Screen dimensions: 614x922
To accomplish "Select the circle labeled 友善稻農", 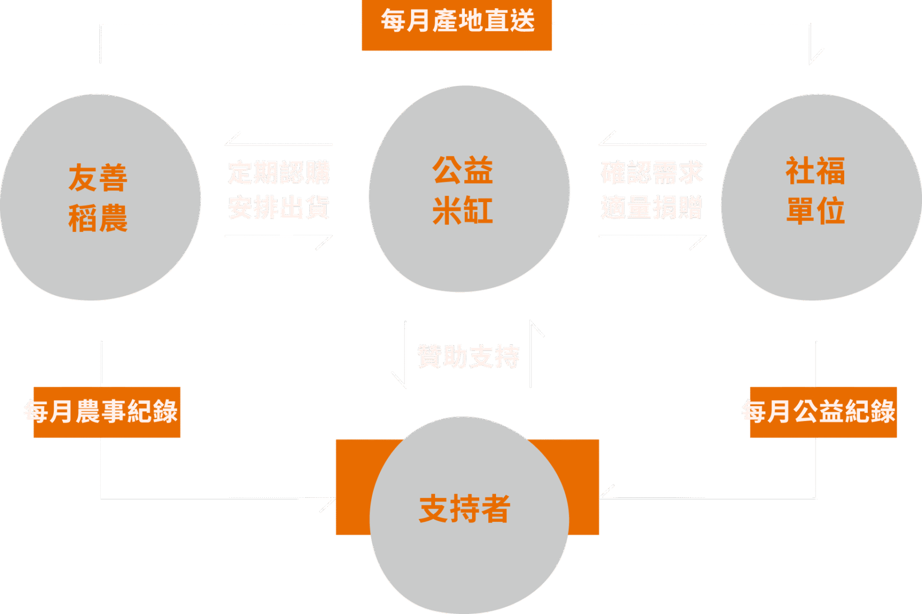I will (100, 198).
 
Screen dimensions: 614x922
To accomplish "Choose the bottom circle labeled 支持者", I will (468, 512).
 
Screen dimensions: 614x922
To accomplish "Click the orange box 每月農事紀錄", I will (106, 412).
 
